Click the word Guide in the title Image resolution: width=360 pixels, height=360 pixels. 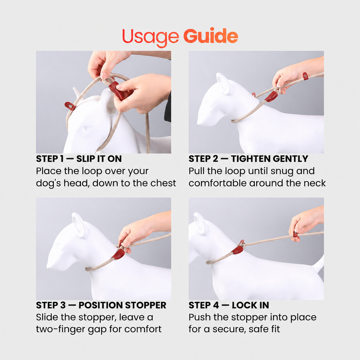[211, 36]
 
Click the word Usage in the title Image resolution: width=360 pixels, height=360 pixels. [150, 37]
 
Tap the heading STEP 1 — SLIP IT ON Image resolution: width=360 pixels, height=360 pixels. [79, 159]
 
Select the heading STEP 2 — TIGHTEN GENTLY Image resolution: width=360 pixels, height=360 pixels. [249, 159]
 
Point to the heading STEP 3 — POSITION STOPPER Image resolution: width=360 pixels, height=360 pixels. [101, 306]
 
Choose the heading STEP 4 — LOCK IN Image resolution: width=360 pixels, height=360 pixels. [229, 306]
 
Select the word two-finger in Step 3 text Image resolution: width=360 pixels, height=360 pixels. [60, 329]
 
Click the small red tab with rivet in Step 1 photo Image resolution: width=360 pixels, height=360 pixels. [70, 106]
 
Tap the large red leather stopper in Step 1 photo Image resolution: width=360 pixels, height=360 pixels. [116, 90]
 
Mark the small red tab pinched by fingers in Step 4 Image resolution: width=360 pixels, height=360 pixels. [295, 235]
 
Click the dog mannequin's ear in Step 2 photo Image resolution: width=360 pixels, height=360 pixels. [223, 82]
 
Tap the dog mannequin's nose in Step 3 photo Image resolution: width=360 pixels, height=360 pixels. [49, 265]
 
